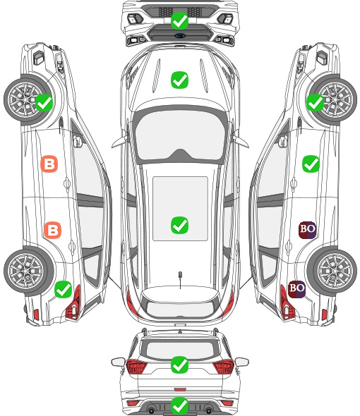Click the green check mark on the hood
[179, 80]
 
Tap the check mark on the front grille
[179, 20]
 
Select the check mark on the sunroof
[179, 225]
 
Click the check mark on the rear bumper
[179, 405]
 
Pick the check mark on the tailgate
[179, 365]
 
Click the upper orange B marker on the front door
[49, 164]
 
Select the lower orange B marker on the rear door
[53, 230]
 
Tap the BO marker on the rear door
[307, 230]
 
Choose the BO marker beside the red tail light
[296, 289]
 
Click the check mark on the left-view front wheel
[44, 103]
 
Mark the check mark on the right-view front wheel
[315, 103]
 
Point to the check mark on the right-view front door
[311, 164]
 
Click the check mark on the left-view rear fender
[63, 289]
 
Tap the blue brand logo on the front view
[180, 35]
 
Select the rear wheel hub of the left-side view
[25, 271]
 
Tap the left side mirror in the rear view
[119, 362]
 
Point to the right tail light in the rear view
[224, 366]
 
